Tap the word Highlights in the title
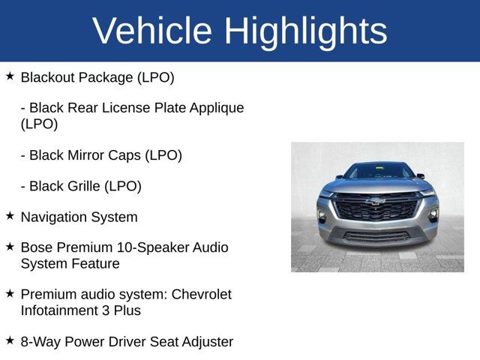click(306, 31)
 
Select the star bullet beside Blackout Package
click(10, 76)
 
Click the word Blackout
click(51, 77)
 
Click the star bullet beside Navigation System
click(10, 216)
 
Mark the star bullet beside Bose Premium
click(10, 246)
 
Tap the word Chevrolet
click(202, 294)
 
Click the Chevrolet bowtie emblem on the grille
click(376, 201)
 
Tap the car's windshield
click(376, 172)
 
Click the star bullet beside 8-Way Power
click(10, 340)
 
